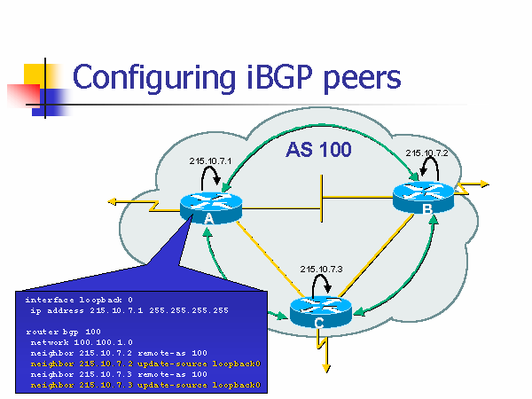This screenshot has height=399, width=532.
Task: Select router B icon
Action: [x=423, y=197]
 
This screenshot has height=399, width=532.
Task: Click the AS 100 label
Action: [x=318, y=151]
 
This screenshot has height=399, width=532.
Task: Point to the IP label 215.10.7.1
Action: [x=210, y=160]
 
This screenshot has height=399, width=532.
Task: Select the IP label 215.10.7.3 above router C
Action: [x=321, y=269]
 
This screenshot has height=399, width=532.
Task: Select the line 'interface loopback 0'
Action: [x=79, y=300]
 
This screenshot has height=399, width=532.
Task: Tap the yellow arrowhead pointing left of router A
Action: [x=112, y=202]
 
